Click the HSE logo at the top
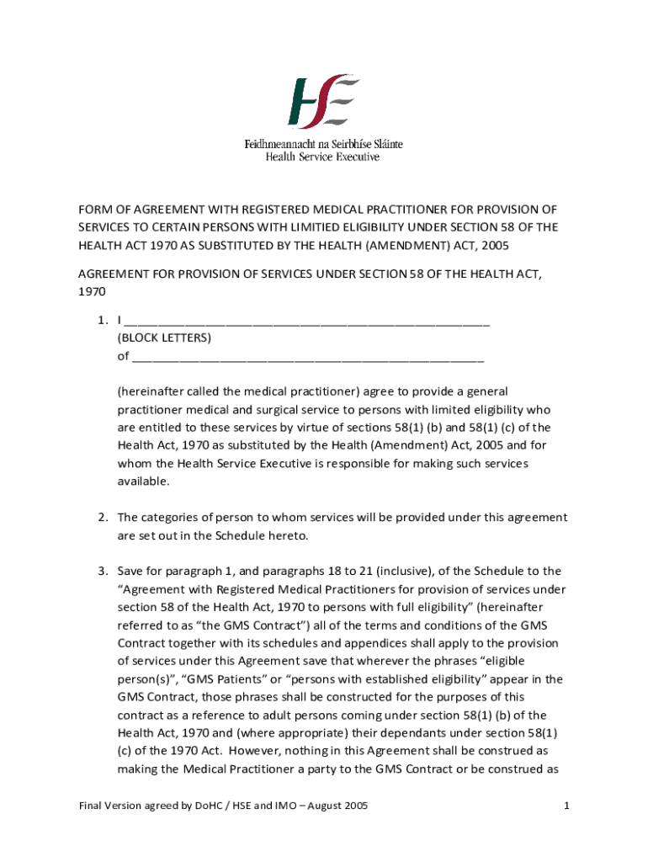tap(323, 102)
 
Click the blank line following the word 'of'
tap(308, 357)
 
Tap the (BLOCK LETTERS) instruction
tap(164, 338)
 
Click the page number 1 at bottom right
tap(567, 806)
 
